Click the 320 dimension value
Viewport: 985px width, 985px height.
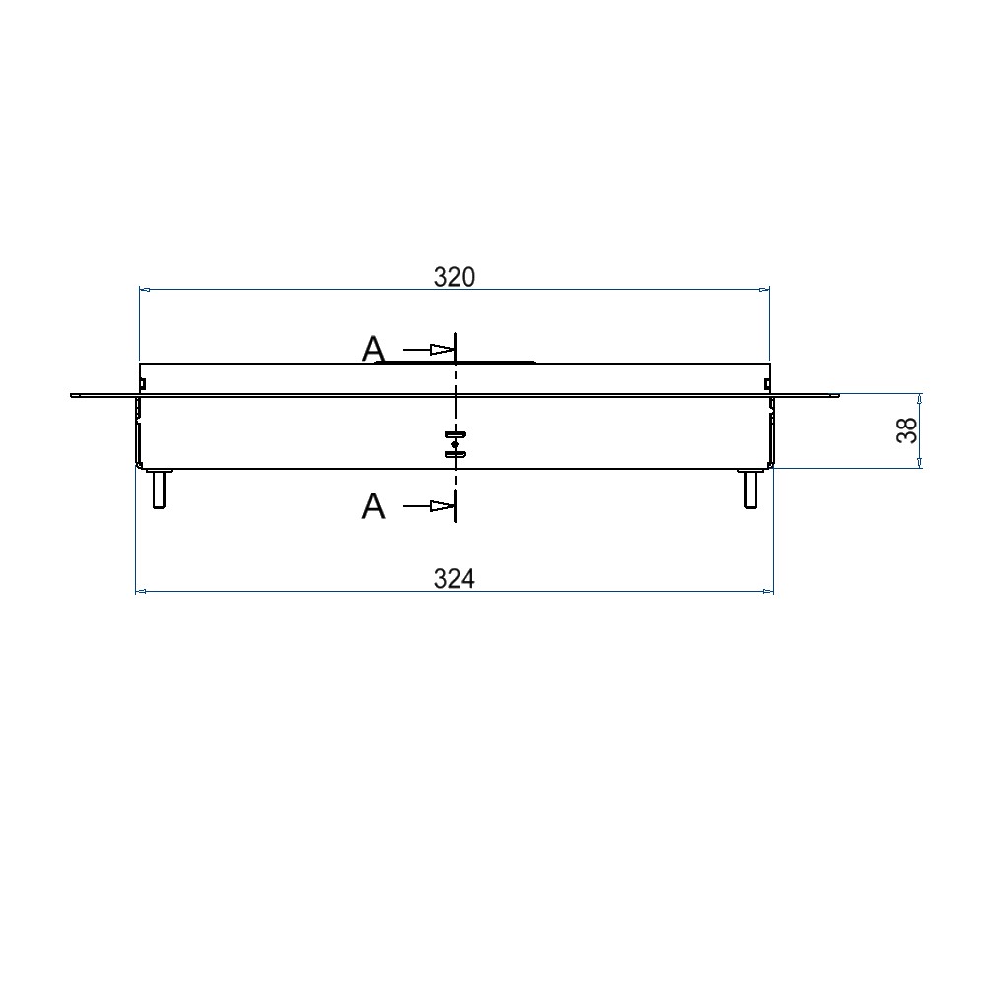[454, 277]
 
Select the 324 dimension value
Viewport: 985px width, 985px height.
[454, 578]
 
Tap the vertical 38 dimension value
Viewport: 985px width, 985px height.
[907, 430]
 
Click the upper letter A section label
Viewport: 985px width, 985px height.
[373, 350]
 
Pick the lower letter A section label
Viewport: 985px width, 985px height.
[373, 505]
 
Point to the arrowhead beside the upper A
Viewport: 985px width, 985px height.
[442, 350]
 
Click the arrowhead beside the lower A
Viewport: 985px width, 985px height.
[442, 505]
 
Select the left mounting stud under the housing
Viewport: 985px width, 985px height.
[159, 489]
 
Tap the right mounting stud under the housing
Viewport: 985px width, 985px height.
[750, 489]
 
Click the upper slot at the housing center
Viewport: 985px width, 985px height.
[455, 434]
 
